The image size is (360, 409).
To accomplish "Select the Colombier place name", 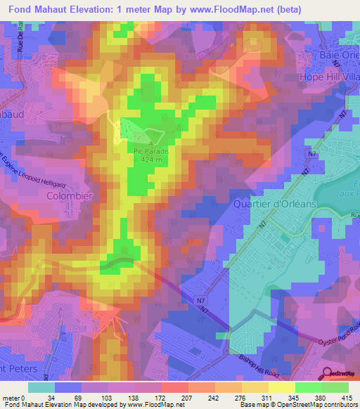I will [70, 197].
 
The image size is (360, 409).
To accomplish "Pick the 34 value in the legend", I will [51, 398].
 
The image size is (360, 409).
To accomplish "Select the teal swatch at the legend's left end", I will [41, 387].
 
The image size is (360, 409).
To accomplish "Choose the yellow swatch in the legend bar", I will [281, 387].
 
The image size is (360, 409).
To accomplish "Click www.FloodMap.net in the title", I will [236, 10].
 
